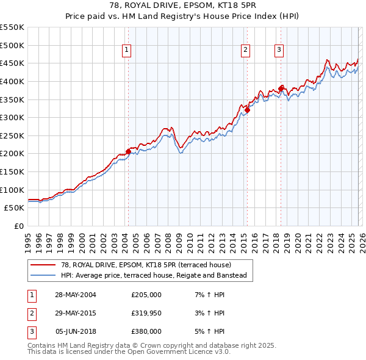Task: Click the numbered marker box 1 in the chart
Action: point(127,51)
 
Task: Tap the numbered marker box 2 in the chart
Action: point(245,51)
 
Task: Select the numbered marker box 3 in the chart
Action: point(279,51)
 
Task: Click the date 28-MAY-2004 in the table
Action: point(75,295)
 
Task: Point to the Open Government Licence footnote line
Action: point(129,352)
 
